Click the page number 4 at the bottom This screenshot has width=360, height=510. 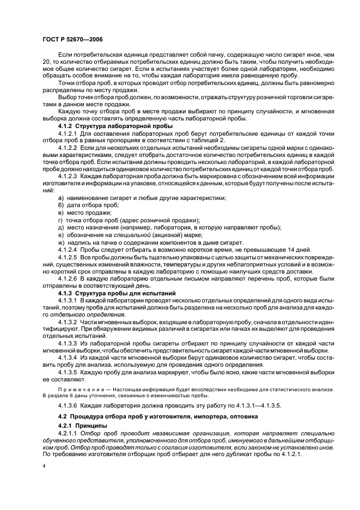coord(44,466)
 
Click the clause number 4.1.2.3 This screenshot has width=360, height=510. coord(68,177)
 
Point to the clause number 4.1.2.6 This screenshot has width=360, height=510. coord(68,278)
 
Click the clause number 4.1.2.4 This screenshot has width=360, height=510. coord(68,249)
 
